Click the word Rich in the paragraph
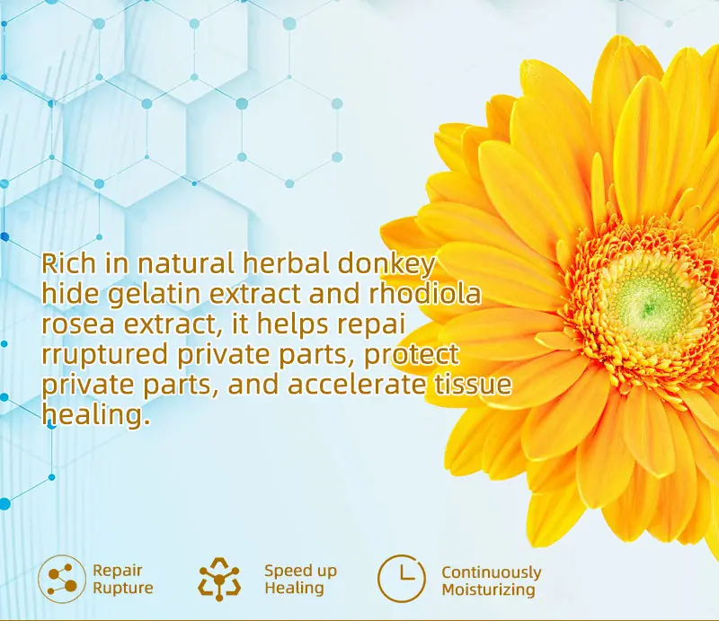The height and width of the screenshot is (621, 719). coord(69,263)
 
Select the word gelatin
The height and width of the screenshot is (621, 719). coord(154,295)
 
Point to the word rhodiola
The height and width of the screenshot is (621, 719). coord(425,294)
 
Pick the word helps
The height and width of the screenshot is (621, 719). coord(292,324)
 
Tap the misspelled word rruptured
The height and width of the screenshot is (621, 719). coord(104,355)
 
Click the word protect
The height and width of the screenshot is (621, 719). coord(411,354)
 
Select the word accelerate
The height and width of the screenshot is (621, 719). coord(356,385)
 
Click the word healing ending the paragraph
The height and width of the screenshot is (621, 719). coord(96,415)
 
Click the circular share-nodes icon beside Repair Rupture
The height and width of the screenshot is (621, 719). coord(62,579)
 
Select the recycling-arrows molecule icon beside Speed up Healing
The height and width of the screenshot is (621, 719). coord(219,579)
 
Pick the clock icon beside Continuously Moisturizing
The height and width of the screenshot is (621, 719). coord(402,579)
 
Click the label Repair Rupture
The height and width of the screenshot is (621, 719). coord(123,580)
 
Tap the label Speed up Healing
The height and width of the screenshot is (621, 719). coord(301,580)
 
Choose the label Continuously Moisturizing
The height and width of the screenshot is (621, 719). coord(491,581)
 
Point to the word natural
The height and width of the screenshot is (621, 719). coord(185,264)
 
